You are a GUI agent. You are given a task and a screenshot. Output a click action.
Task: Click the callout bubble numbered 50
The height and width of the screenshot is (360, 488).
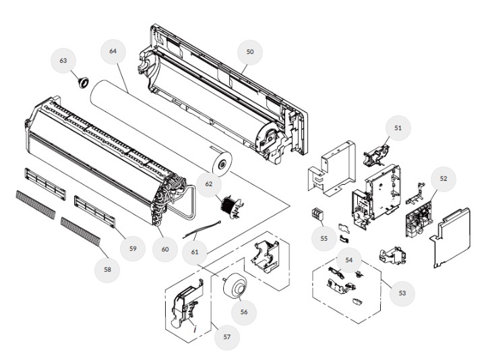[250, 52]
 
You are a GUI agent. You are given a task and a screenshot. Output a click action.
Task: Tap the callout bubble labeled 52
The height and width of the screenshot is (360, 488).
[443, 179]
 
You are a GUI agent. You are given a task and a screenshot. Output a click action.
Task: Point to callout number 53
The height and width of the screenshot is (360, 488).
[402, 293]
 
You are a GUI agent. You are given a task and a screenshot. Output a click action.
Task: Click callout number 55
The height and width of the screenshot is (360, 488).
[324, 239]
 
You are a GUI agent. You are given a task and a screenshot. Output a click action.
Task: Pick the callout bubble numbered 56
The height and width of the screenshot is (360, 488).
[244, 312]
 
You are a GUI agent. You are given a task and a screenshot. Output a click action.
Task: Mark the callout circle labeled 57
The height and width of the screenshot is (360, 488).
[227, 336]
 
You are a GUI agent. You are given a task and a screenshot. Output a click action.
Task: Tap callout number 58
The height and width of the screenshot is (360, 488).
[107, 270]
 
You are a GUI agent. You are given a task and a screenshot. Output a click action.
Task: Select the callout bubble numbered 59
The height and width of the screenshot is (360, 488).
[133, 249]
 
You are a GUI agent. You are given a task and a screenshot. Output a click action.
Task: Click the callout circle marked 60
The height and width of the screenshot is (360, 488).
[164, 249]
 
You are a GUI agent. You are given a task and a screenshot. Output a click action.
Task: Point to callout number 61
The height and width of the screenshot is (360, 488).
[195, 251]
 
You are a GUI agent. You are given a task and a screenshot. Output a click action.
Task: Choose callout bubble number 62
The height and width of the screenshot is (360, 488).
[208, 183]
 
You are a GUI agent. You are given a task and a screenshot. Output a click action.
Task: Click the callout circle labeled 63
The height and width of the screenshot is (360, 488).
[63, 61]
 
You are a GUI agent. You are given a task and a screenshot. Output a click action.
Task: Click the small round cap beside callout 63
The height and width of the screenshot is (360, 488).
[84, 82]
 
